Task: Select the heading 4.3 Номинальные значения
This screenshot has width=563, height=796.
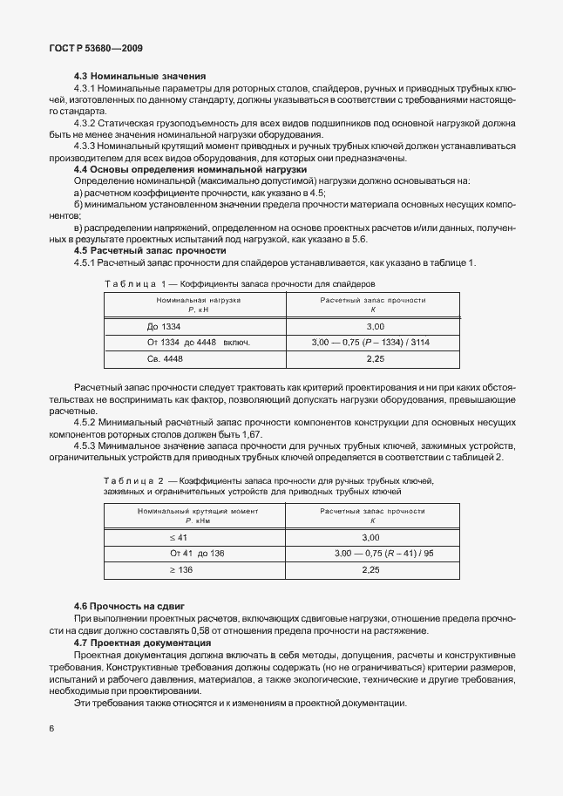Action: coord(139,77)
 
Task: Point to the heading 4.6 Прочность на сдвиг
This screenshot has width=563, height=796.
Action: coord(129,605)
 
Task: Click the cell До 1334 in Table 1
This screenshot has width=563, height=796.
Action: coord(153,324)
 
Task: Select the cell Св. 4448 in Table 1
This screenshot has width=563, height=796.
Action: coord(153,357)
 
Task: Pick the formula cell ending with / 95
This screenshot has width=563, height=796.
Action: coord(384,553)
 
